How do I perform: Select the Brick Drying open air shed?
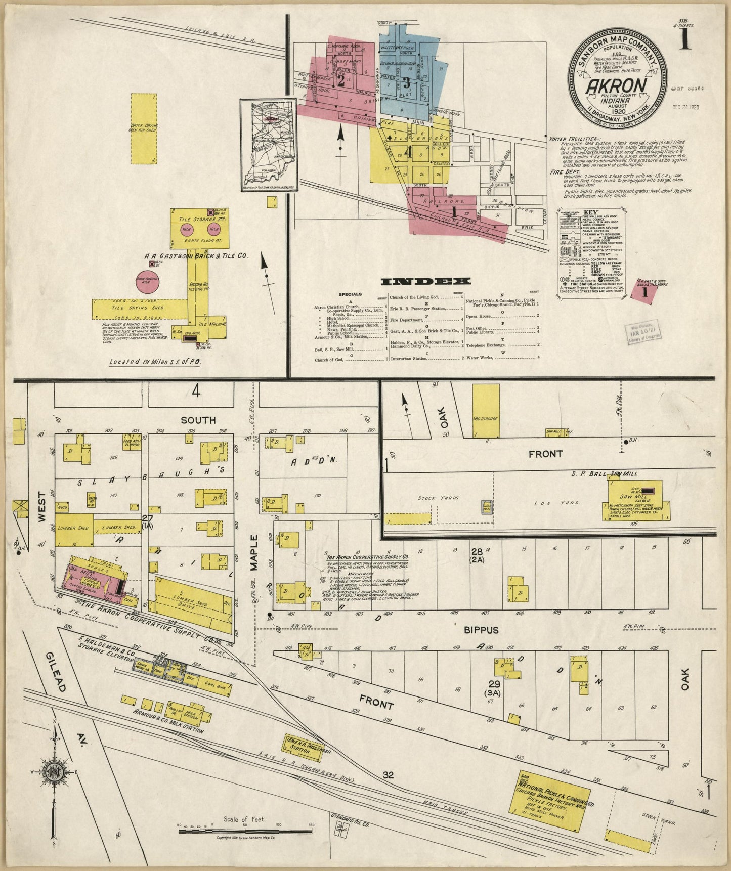coord(144,128)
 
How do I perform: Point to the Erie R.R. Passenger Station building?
coord(304,748)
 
